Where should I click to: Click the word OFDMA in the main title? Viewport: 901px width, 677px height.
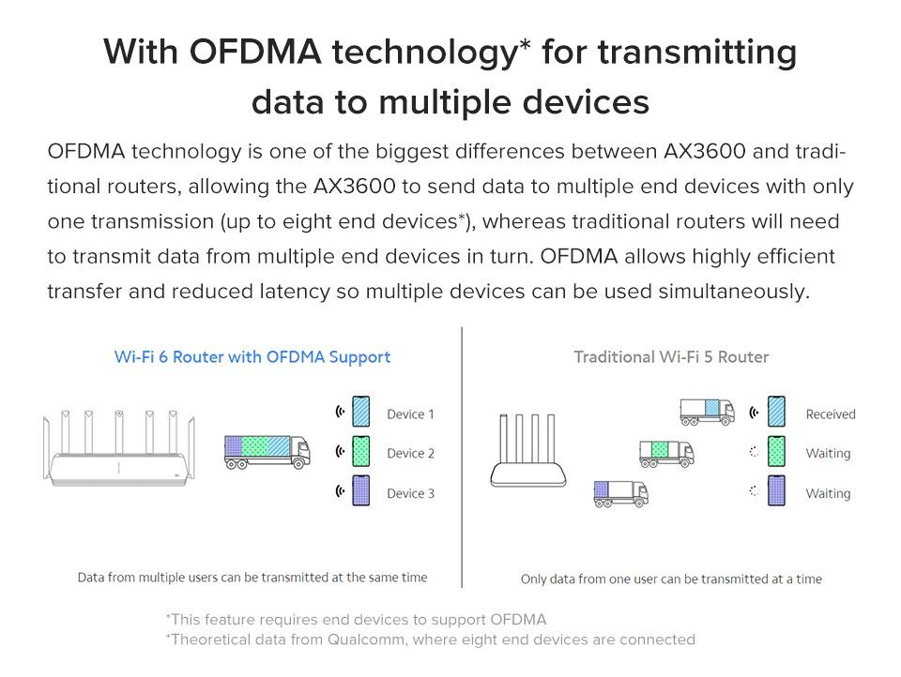click(255, 52)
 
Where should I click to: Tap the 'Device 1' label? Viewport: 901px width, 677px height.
click(410, 414)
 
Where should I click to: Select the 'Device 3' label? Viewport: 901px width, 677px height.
click(410, 493)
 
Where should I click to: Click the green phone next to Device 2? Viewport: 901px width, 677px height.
click(360, 451)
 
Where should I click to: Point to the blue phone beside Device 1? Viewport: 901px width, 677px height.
click(360, 411)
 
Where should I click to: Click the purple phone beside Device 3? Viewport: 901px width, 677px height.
click(360, 490)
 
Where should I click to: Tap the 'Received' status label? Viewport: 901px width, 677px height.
click(831, 414)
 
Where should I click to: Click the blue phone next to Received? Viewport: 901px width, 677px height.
click(776, 411)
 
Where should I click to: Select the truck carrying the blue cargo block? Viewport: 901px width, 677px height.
click(708, 413)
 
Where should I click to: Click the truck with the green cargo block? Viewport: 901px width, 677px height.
click(666, 454)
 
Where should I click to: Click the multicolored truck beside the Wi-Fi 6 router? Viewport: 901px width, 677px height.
click(267, 452)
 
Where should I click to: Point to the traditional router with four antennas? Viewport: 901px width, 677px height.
click(528, 451)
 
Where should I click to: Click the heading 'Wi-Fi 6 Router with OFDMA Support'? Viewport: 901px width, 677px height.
click(252, 357)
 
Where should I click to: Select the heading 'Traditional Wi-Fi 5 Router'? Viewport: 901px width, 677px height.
click(671, 357)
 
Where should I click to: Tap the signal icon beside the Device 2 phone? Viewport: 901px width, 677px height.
click(340, 451)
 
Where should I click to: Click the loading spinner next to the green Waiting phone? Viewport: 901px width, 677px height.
click(755, 452)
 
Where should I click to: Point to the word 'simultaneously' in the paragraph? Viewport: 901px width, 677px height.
click(734, 292)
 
